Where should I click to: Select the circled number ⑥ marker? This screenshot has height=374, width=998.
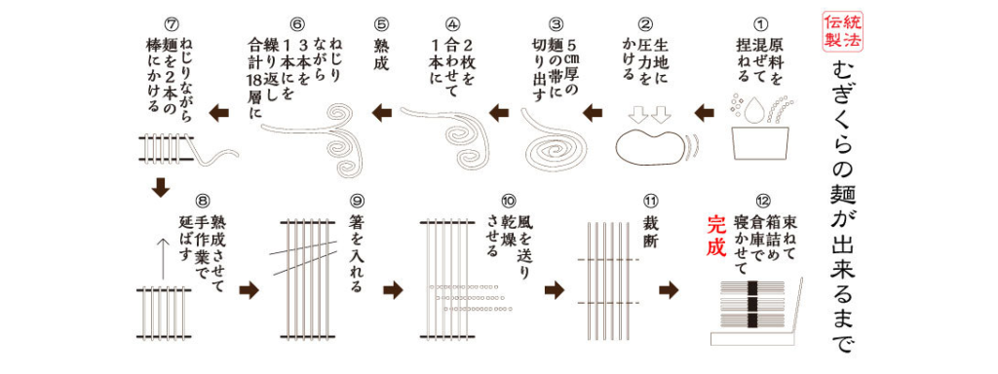[298, 20]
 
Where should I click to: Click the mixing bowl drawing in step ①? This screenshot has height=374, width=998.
[757, 133]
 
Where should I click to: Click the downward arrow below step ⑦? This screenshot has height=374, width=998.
[162, 184]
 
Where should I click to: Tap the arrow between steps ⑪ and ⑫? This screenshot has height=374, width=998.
[670, 289]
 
